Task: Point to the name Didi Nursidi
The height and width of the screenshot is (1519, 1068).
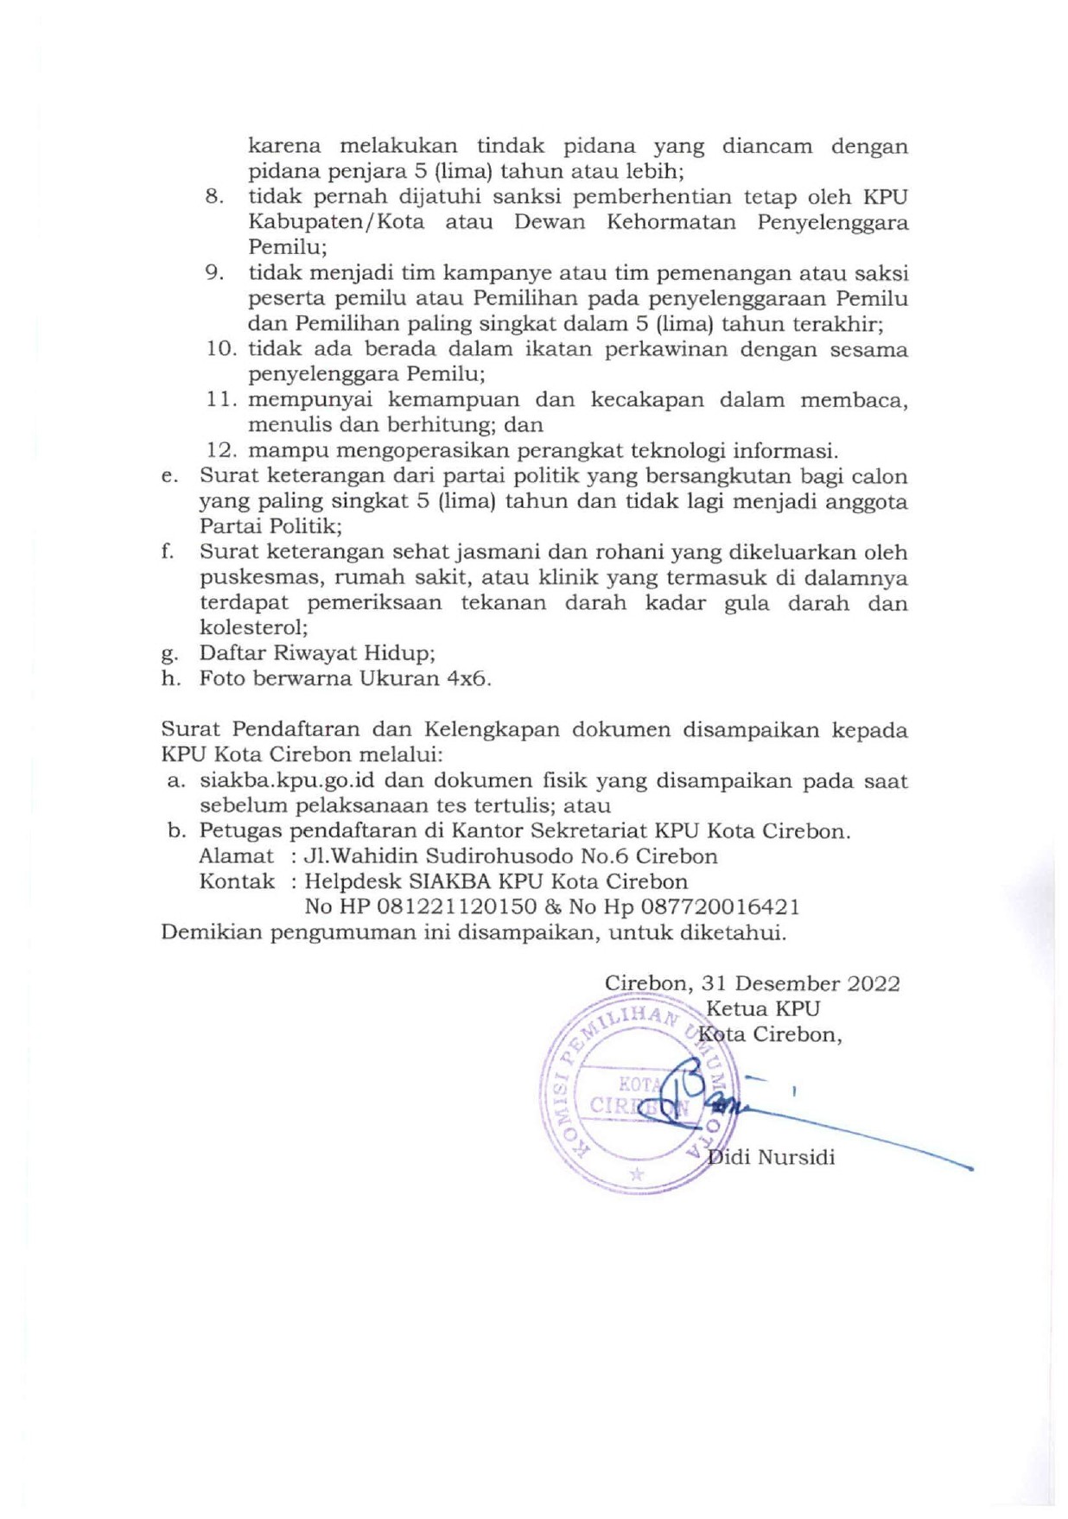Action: (x=771, y=1157)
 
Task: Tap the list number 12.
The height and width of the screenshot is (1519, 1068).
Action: (x=221, y=451)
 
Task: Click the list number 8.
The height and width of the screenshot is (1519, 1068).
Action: (x=214, y=197)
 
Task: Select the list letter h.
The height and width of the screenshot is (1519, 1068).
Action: (x=170, y=678)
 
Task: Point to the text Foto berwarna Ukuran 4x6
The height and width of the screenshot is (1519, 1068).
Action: (x=345, y=678)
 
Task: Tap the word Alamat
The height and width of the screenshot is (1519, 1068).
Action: (x=236, y=856)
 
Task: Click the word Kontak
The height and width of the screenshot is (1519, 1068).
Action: (x=237, y=882)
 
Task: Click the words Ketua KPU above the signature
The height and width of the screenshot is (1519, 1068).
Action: (x=762, y=1008)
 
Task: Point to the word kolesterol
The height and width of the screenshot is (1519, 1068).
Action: (x=253, y=628)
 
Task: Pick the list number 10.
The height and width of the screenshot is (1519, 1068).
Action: (x=221, y=350)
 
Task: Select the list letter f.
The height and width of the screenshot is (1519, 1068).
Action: (x=168, y=552)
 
